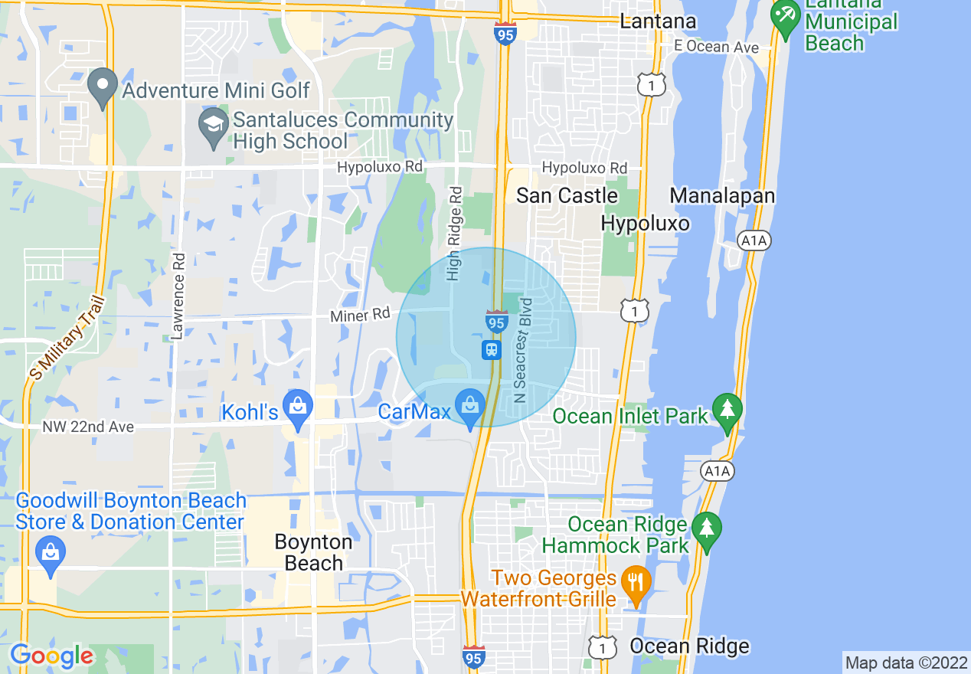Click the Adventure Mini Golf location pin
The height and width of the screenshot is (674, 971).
[x=102, y=87]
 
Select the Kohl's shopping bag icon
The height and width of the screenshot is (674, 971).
[x=298, y=408]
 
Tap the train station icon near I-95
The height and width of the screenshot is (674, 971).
[x=491, y=350]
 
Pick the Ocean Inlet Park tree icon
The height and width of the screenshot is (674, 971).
[x=727, y=411]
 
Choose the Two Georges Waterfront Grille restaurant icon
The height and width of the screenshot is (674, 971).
[x=635, y=584]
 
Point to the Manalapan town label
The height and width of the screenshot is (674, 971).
[x=722, y=196]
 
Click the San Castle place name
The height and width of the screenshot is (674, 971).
[x=567, y=195]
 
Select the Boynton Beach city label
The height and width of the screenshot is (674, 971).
[x=314, y=552]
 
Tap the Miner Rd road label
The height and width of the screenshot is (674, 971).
[x=360, y=316]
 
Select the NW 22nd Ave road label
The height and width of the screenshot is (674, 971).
[x=89, y=427]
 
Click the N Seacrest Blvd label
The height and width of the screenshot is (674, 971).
[x=523, y=350]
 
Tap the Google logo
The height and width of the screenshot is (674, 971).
[x=51, y=656]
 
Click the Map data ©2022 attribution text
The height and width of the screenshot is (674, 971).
[x=905, y=663]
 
